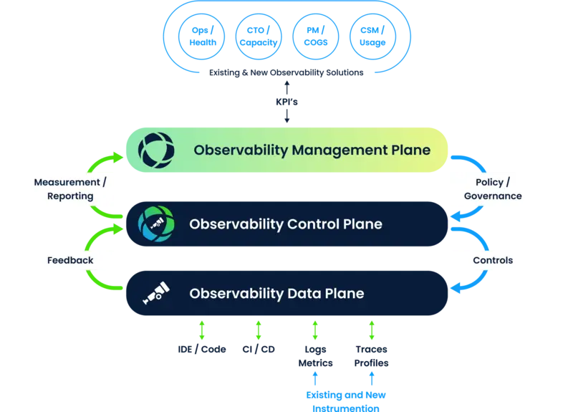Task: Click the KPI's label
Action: (287, 102)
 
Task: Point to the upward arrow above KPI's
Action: (287, 87)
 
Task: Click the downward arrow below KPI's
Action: (287, 116)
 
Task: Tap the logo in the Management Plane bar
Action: (156, 150)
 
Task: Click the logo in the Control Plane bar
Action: (156, 224)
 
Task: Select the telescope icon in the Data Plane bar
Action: (156, 293)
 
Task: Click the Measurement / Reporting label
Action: (70, 189)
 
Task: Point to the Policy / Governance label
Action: (493, 189)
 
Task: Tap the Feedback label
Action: (70, 260)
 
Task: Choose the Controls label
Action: (493, 260)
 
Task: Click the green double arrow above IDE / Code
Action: (202, 330)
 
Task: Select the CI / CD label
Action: (259, 350)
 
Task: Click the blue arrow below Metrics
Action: (315, 378)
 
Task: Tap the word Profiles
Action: (371, 363)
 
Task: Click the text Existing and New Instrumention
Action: (346, 401)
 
